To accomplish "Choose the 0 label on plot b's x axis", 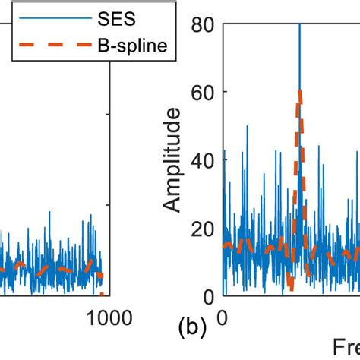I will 223,315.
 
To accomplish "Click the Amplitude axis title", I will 174,160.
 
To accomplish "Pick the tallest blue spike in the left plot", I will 91,215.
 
